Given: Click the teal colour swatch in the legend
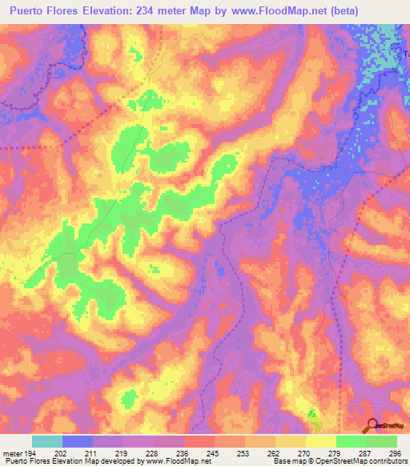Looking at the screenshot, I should pyautogui.click(x=47, y=441).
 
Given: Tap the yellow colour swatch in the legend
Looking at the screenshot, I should pyautogui.click(x=321, y=441).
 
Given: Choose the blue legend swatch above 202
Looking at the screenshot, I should pyautogui.click(x=78, y=441).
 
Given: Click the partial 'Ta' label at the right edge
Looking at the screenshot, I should pyautogui.click(x=404, y=53).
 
